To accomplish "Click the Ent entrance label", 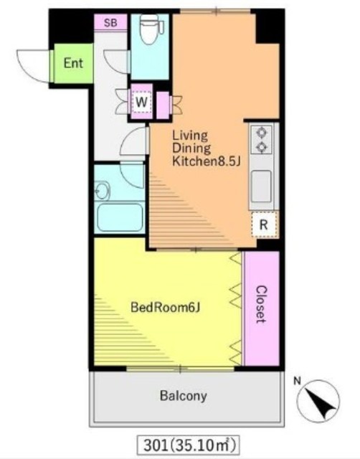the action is [x=73, y=63].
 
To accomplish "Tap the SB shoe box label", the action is [x=110, y=22].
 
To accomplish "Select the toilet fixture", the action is [x=151, y=29].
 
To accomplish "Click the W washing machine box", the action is [x=141, y=102].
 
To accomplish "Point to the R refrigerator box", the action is [x=264, y=224].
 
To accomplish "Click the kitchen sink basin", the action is [x=261, y=186].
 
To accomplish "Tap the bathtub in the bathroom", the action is [x=120, y=217].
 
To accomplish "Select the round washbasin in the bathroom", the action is [x=102, y=191].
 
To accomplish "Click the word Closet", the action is [x=261, y=304].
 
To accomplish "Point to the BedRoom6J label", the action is [x=166, y=308].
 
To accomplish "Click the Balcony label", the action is [x=183, y=396].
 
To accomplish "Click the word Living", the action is [x=190, y=136].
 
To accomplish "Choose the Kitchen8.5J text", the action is [x=207, y=161].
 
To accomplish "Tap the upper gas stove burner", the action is [x=261, y=133].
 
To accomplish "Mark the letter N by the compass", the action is [x=298, y=381].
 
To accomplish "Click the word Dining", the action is [x=191, y=148].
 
